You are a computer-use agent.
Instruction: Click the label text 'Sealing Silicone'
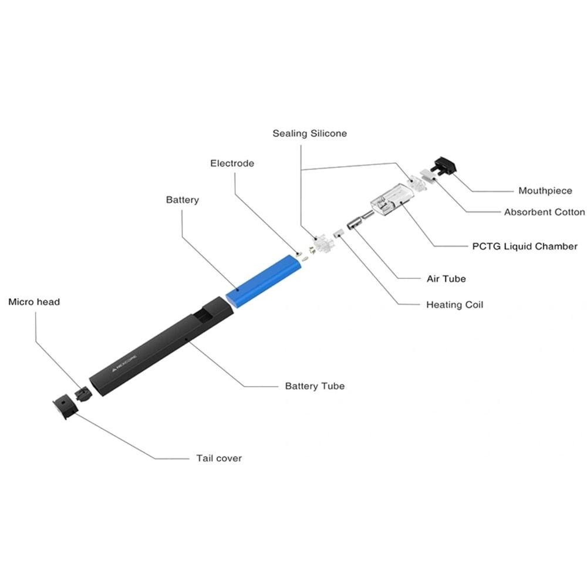click(309, 133)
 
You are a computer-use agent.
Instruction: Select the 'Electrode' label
click(232, 163)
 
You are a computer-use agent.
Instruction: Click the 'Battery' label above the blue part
click(183, 200)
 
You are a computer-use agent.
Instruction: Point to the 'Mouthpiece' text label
click(545, 191)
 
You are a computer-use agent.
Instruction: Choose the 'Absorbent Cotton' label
click(544, 212)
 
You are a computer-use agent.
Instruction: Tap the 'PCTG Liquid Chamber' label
click(525, 247)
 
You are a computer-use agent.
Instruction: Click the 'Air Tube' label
click(446, 278)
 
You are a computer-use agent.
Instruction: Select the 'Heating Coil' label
click(454, 305)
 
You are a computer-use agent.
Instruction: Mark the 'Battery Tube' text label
click(315, 386)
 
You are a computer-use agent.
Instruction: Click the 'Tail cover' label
click(219, 458)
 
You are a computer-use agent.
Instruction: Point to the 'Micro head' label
click(34, 302)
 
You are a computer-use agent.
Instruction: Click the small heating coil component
click(338, 233)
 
